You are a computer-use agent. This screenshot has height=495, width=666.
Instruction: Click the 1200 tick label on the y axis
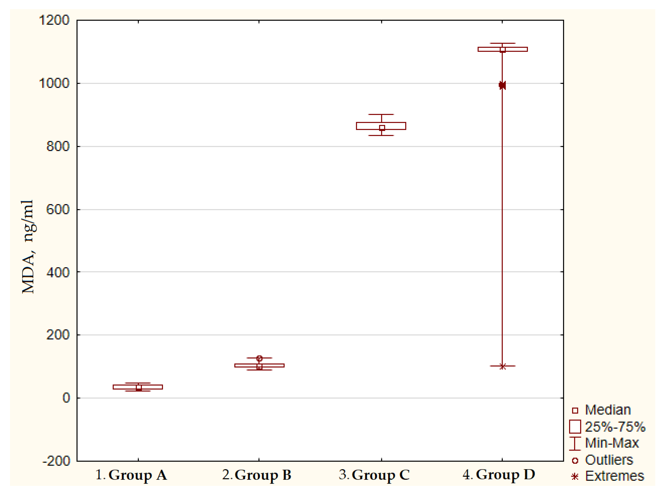coord(54,20)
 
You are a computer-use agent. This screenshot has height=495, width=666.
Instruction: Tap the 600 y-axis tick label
coord(58,209)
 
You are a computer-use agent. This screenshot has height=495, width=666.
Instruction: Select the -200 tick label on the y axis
coord(56,461)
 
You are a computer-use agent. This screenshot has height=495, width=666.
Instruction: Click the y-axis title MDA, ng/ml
coord(29,247)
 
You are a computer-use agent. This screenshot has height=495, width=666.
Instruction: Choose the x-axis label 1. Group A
coord(131,475)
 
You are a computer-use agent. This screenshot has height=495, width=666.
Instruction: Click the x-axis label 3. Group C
coord(374,475)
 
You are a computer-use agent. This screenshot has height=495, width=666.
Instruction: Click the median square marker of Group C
coord(382,128)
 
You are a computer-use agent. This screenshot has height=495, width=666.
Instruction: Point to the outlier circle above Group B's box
coord(259,358)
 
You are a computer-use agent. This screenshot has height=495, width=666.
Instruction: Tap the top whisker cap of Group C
coord(381,114)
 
